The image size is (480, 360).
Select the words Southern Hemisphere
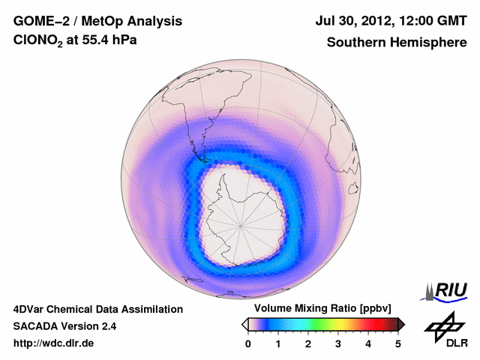[397, 42]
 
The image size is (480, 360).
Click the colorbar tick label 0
[248, 343]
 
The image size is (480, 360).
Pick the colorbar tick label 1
[278, 343]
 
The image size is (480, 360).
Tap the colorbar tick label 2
[308, 343]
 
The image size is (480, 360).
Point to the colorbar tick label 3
[338, 343]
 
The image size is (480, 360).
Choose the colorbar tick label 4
[368, 343]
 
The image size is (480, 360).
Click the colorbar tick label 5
[398, 343]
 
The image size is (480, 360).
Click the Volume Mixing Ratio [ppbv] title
[319, 309]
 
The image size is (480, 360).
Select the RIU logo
[445, 290]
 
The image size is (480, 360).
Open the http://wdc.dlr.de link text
[54, 344]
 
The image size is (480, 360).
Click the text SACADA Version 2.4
[64, 326]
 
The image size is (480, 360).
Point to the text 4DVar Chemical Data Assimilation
[97, 309]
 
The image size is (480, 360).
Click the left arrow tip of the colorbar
[244, 324]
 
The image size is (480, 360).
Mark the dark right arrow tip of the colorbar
[402, 324]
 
